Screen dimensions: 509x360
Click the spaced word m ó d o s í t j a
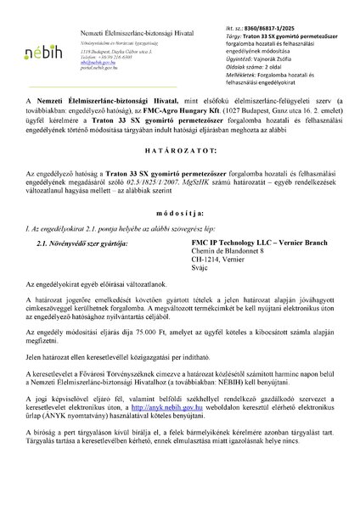pos(179,238)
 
